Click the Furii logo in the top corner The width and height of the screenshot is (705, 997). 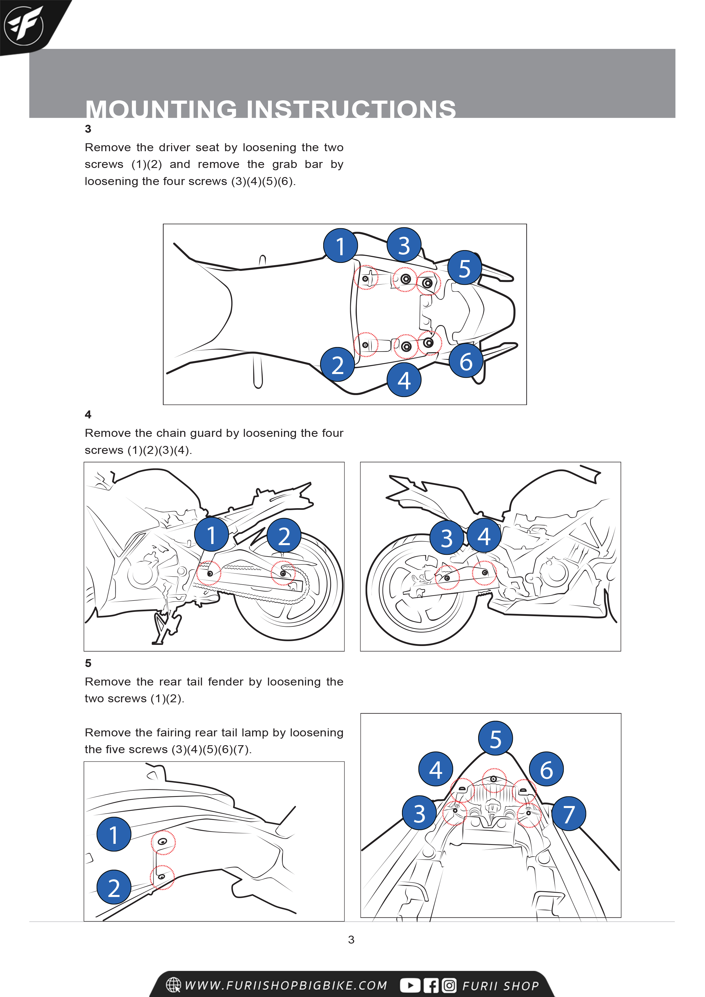tap(24, 25)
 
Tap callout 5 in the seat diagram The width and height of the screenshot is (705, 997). tap(464, 268)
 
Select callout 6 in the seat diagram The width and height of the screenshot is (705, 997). tap(466, 361)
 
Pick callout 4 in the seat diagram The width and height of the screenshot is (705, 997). tap(404, 380)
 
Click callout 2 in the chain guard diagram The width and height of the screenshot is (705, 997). tap(284, 535)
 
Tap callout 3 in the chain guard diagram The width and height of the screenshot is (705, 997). tap(447, 538)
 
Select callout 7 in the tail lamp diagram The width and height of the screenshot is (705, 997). tap(569, 813)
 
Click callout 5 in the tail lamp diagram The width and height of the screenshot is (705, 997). tap(495, 738)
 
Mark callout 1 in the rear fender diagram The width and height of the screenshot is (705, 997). tap(114, 834)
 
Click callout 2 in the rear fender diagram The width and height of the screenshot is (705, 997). tap(114, 887)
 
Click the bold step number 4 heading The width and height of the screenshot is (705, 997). tap(88, 414)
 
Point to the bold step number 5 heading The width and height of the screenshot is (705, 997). tap(88, 663)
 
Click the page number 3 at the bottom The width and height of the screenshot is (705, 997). tap(351, 940)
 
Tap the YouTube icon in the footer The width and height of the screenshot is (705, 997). tap(410, 985)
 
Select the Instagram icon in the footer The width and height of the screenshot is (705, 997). tap(449, 985)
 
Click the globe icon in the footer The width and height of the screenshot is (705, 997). tap(173, 985)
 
